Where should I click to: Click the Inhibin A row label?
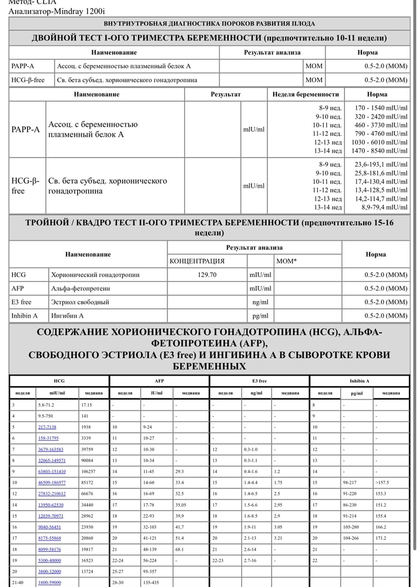[x=24, y=316]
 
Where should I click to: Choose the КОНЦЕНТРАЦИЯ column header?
[x=197, y=261]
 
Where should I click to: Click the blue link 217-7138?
[x=48, y=427]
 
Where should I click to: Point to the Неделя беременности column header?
[x=306, y=94]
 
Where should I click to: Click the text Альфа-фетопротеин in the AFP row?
[x=81, y=288]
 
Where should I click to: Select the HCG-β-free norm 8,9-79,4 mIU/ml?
[x=384, y=207]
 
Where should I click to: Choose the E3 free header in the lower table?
[x=259, y=381]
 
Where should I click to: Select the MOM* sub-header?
[x=286, y=261]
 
